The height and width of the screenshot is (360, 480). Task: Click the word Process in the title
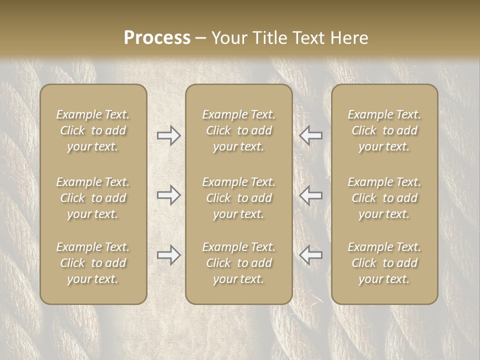point(157,38)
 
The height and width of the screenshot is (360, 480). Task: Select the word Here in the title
point(350,38)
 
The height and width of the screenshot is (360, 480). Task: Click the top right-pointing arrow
point(169,135)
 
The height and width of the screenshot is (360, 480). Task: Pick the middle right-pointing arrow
point(169,195)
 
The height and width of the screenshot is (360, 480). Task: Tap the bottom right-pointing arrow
point(169,255)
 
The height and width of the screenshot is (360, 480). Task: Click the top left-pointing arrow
point(310,135)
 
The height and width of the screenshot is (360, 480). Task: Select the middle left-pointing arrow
point(310,195)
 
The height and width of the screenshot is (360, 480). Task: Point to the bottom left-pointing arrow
point(310,255)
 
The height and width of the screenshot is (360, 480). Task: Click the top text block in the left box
point(93,130)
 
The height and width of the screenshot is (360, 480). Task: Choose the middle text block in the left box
point(93,198)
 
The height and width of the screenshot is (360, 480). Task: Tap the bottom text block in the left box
point(93,263)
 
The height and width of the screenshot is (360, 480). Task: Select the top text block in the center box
point(238,130)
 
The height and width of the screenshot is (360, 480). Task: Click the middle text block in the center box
point(238,198)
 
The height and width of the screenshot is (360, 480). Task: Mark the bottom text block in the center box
point(238,263)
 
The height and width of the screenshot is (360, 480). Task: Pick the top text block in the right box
point(384,130)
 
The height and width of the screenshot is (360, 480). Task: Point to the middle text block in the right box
point(384,198)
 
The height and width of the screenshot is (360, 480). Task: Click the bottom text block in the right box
point(384,263)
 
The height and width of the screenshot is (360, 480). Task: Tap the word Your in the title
point(228,38)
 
